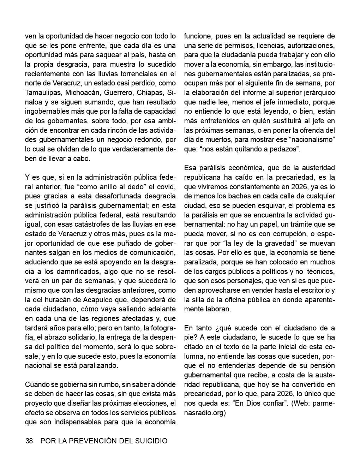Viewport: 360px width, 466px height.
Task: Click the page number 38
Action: click(29, 441)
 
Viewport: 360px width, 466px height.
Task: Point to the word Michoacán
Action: click(84, 92)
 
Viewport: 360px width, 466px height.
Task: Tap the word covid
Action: click(167, 187)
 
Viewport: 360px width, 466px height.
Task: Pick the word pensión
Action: click(322, 365)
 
